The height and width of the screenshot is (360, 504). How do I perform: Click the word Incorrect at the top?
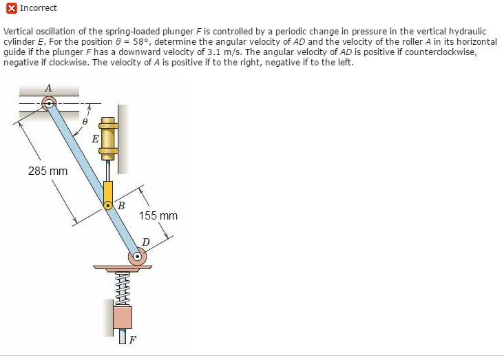pyautogui.click(x=39, y=8)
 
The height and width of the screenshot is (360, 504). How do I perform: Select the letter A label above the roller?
pyautogui.click(x=48, y=88)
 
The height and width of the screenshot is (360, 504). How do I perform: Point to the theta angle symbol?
pyautogui.click(x=85, y=120)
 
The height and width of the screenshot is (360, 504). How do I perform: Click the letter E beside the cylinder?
pyautogui.click(x=95, y=139)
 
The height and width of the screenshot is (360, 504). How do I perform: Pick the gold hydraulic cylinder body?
pyautogui.click(x=109, y=138)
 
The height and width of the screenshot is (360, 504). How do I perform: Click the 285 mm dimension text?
pyautogui.click(x=48, y=171)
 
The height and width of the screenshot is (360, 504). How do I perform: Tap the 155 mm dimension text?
pyautogui.click(x=158, y=216)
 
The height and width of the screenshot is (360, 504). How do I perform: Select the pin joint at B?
pyautogui.click(x=107, y=204)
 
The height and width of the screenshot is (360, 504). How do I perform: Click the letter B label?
pyautogui.click(x=121, y=205)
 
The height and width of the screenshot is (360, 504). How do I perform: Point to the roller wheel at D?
pyautogui.click(x=138, y=257)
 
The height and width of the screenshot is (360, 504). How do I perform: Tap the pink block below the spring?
pyautogui.click(x=122, y=317)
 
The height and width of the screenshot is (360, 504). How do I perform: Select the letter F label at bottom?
pyautogui.click(x=133, y=339)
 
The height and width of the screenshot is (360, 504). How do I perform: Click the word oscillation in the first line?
pyautogui.click(x=54, y=32)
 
